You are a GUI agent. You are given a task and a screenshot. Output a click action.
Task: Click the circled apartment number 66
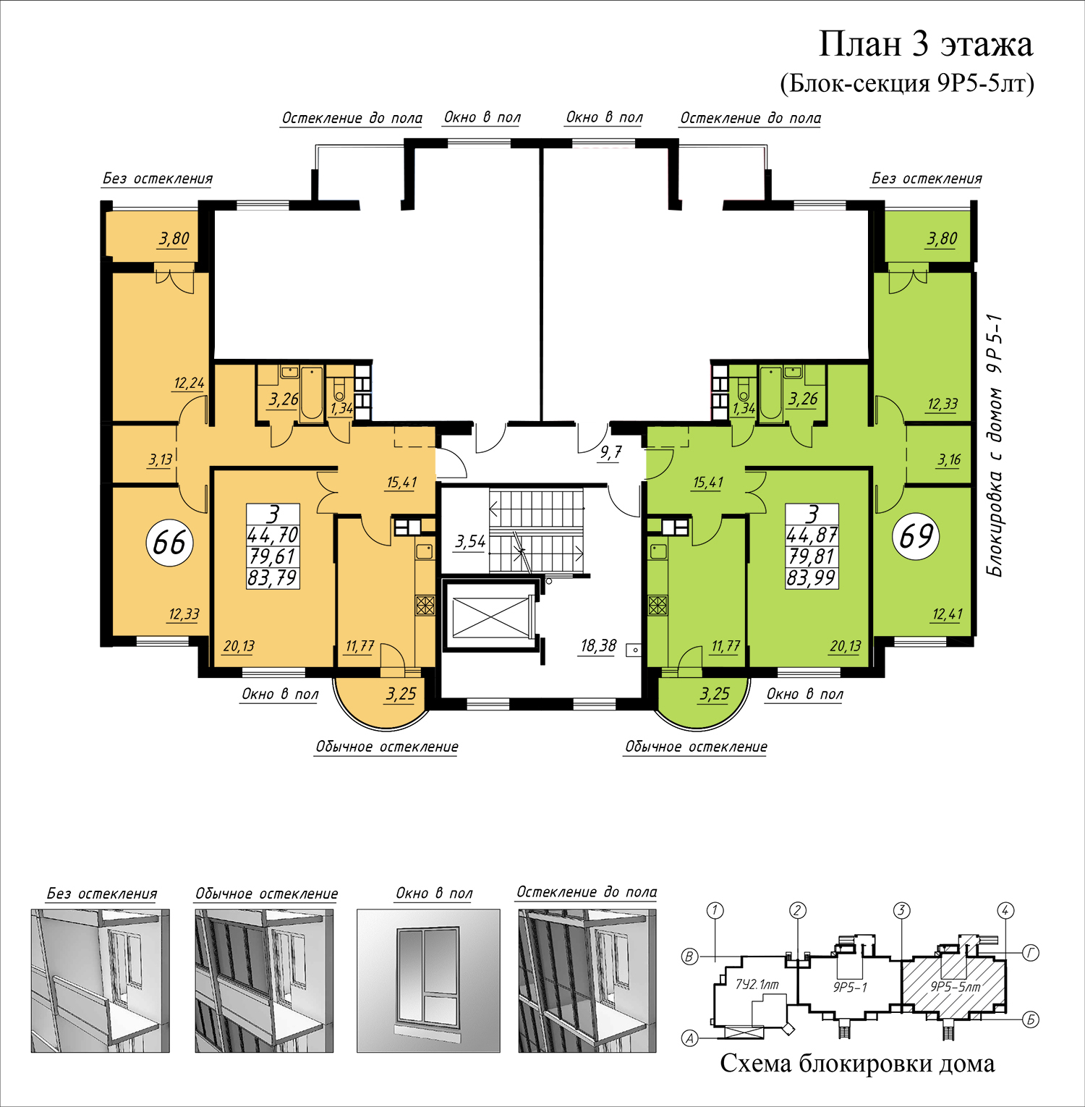point(169,542)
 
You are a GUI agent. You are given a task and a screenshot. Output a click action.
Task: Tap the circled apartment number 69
point(916,536)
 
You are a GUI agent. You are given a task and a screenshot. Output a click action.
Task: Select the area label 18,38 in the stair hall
point(598,645)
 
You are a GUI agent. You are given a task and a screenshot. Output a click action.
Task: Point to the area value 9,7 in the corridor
point(610,453)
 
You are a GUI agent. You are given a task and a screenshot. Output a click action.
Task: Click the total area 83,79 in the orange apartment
point(273,578)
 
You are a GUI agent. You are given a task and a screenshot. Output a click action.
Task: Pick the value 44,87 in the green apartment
point(812,535)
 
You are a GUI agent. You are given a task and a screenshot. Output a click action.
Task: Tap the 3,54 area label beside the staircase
point(470,541)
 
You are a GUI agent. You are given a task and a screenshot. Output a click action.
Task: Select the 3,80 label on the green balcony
point(942,238)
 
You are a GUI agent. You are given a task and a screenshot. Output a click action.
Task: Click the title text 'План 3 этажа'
point(925,45)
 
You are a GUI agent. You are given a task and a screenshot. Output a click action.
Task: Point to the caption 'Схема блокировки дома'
point(857,1063)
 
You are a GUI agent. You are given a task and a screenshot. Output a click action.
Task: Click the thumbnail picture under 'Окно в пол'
point(428,980)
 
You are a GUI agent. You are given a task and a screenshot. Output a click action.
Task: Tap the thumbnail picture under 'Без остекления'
point(100,980)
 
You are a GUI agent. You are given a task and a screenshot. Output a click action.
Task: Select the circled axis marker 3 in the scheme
point(901,910)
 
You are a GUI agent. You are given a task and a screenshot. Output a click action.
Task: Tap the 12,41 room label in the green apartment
point(947,614)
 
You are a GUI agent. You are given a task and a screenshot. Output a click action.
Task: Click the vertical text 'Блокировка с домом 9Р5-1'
point(996,445)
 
